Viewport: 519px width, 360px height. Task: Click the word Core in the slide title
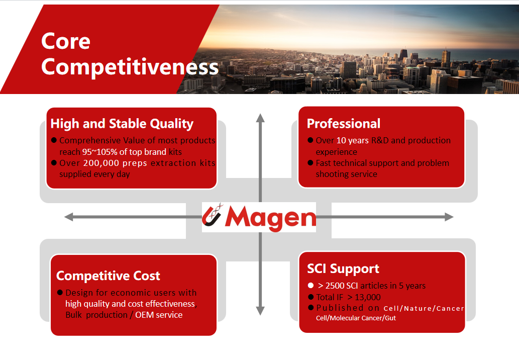click(65, 41)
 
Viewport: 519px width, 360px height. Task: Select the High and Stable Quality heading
click(122, 124)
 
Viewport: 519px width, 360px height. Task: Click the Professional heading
click(344, 124)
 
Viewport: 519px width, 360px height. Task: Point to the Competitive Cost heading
click(108, 276)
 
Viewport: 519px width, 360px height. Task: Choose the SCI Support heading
click(343, 269)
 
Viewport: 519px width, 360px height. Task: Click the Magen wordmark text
click(270, 218)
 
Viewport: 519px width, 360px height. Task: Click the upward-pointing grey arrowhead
click(260, 118)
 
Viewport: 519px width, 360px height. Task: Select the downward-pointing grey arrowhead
click(260, 311)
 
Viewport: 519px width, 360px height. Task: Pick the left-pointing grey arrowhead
click(68, 217)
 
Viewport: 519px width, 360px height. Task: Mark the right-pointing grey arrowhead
click(449, 217)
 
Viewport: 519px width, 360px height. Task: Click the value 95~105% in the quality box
click(99, 152)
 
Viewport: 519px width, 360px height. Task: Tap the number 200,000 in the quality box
click(101, 163)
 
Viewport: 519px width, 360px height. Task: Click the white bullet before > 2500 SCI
click(310, 285)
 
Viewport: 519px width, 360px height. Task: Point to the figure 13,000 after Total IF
click(368, 298)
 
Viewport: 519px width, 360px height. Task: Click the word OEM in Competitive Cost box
click(145, 315)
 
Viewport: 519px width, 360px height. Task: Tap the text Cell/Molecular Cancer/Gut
click(356, 318)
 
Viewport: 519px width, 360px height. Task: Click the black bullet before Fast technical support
click(310, 162)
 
